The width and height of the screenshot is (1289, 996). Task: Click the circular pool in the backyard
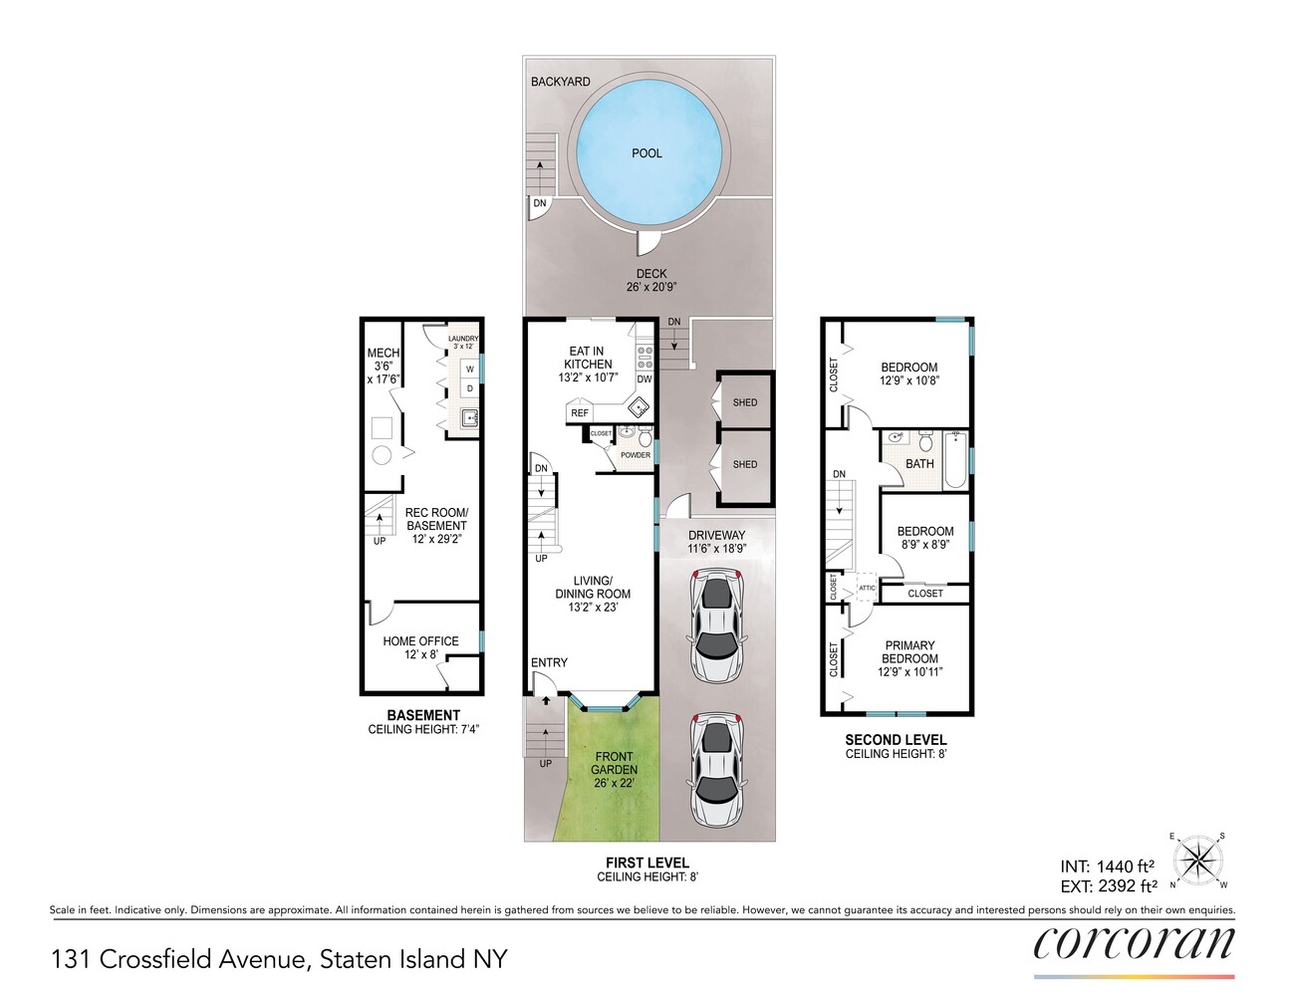(x=647, y=151)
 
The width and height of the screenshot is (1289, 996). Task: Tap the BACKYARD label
(x=560, y=82)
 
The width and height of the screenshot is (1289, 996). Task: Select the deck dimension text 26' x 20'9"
(x=651, y=288)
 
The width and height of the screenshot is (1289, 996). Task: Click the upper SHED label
(x=744, y=402)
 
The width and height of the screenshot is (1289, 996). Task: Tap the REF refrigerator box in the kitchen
(x=580, y=412)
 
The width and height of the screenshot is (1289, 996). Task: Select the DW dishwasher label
(x=644, y=379)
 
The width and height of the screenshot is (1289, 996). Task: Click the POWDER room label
(x=636, y=455)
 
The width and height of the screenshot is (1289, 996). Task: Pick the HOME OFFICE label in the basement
(x=420, y=641)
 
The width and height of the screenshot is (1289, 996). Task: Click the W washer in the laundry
(x=469, y=370)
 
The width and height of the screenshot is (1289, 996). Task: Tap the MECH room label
(x=383, y=353)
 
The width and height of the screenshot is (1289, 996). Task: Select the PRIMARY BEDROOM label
(x=909, y=652)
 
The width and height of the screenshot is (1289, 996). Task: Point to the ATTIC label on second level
(x=867, y=589)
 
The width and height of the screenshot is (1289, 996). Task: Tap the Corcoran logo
(x=1134, y=942)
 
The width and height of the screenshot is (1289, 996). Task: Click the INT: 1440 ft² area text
(x=1107, y=867)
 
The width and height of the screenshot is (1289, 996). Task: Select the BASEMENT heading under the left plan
(x=423, y=715)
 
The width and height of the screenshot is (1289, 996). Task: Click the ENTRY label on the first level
(x=549, y=662)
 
